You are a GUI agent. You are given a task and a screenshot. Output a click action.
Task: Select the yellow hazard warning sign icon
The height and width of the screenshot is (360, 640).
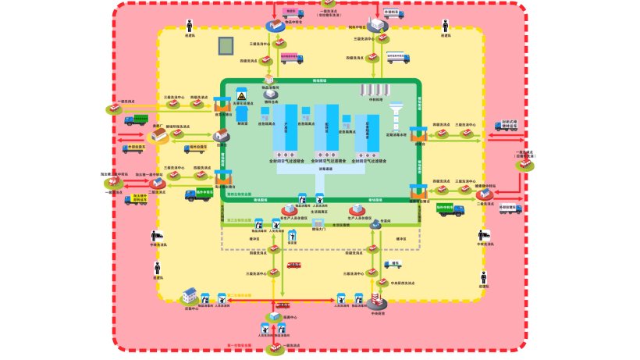[x=241, y=97]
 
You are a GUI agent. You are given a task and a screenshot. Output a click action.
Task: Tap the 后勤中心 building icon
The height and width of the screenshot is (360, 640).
[x=190, y=294]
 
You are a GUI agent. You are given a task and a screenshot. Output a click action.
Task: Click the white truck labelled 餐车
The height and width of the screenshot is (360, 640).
[x=395, y=264]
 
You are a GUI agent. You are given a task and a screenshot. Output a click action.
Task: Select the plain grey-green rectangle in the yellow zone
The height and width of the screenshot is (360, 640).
[x=226, y=45]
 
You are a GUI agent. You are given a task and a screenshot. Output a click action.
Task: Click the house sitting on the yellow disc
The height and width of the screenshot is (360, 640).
[x=160, y=137]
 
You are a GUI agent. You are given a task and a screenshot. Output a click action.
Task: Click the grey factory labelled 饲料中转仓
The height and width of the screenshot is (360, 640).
[x=379, y=23]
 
